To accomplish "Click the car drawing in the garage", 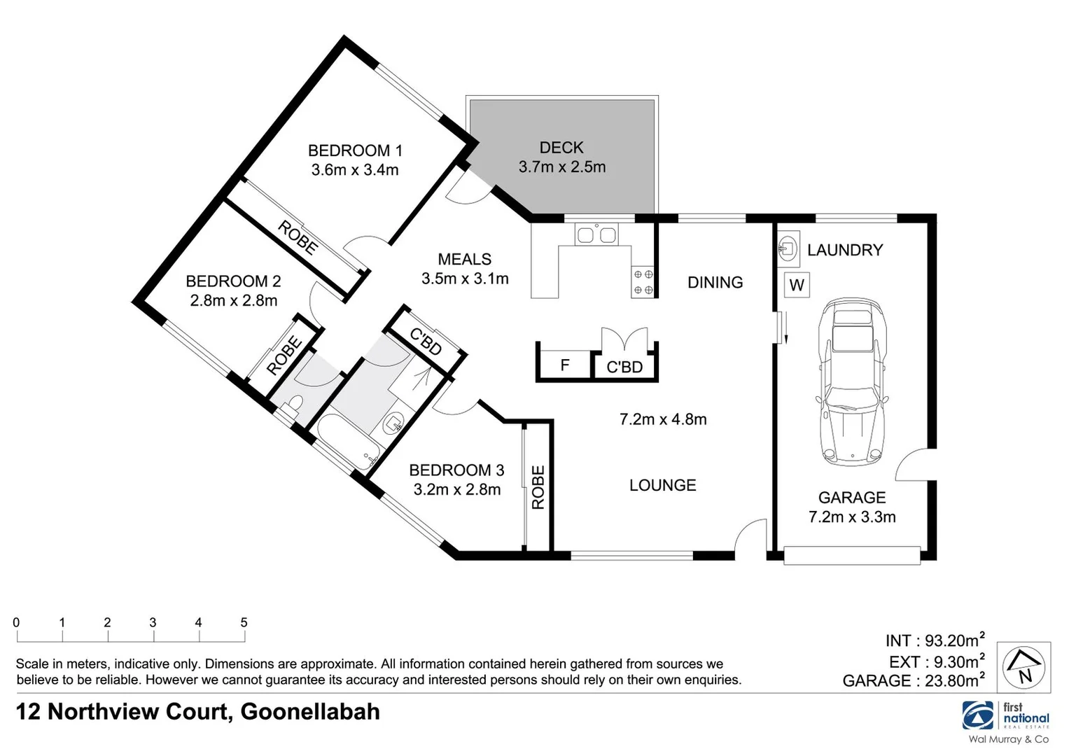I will [x=851, y=381].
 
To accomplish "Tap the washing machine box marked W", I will [x=797, y=285].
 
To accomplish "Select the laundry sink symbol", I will [x=788, y=248].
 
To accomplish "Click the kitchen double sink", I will [x=596, y=234].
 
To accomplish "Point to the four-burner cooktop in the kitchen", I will [x=643, y=282].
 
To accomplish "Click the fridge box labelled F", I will [x=564, y=365].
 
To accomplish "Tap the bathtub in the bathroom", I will [x=349, y=442].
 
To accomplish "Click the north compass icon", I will [x=1023, y=666].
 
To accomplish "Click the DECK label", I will [x=561, y=148].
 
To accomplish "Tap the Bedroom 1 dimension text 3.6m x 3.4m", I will [x=355, y=169].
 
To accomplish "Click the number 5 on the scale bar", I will [x=244, y=622].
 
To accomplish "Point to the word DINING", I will [x=715, y=282].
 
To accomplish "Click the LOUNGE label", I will [x=662, y=485].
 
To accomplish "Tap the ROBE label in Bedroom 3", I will [x=538, y=487].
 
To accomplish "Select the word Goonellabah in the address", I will [x=310, y=711].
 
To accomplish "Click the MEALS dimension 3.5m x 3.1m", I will [x=465, y=279].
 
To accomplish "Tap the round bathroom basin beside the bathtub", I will [x=393, y=423].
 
